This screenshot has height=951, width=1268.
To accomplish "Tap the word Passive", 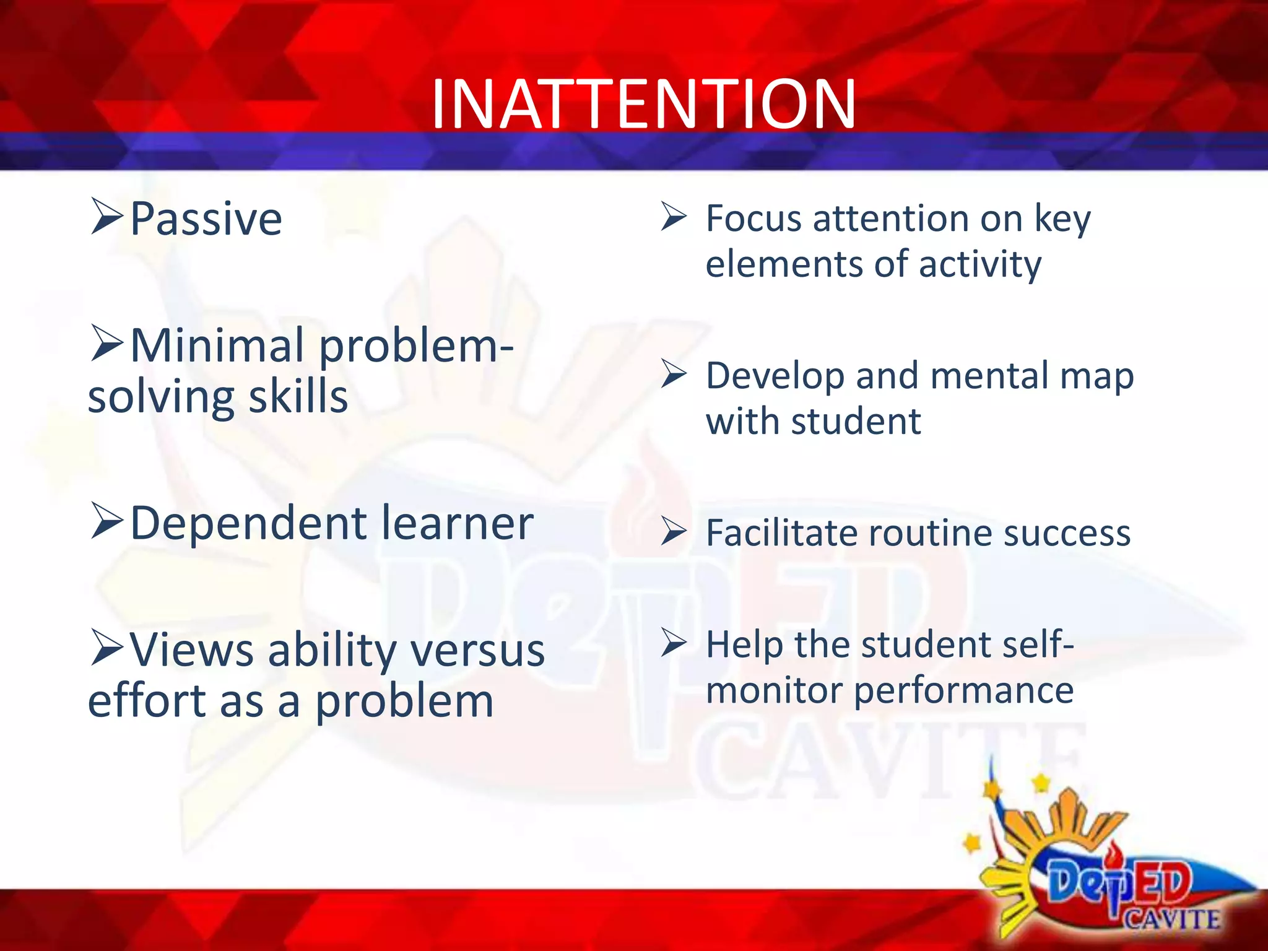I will (206, 219).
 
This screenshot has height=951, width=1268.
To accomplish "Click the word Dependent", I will (248, 524).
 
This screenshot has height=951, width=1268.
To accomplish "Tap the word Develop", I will (775, 376).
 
